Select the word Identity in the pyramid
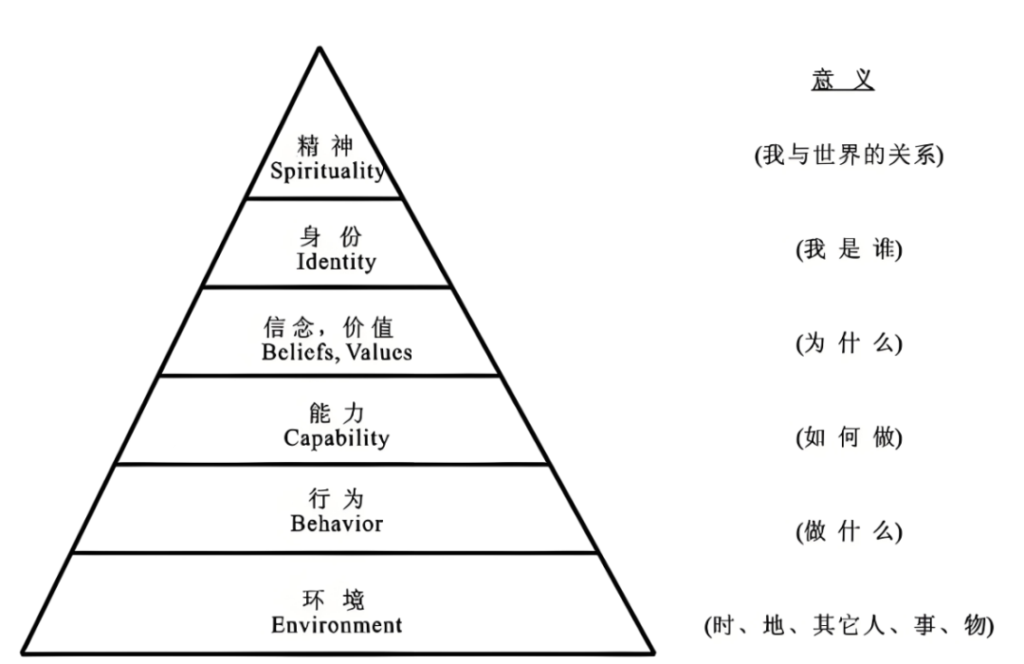335,261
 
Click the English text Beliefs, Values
337,351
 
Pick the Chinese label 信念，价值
328,327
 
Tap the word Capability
337,438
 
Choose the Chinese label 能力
337,414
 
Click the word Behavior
337,523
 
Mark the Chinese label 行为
337,499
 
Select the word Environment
337,625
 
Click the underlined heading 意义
843,82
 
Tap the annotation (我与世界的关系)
849,157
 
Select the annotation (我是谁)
848,250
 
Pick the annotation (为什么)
848,344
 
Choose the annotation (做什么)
848,532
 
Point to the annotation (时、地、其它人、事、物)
849,625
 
